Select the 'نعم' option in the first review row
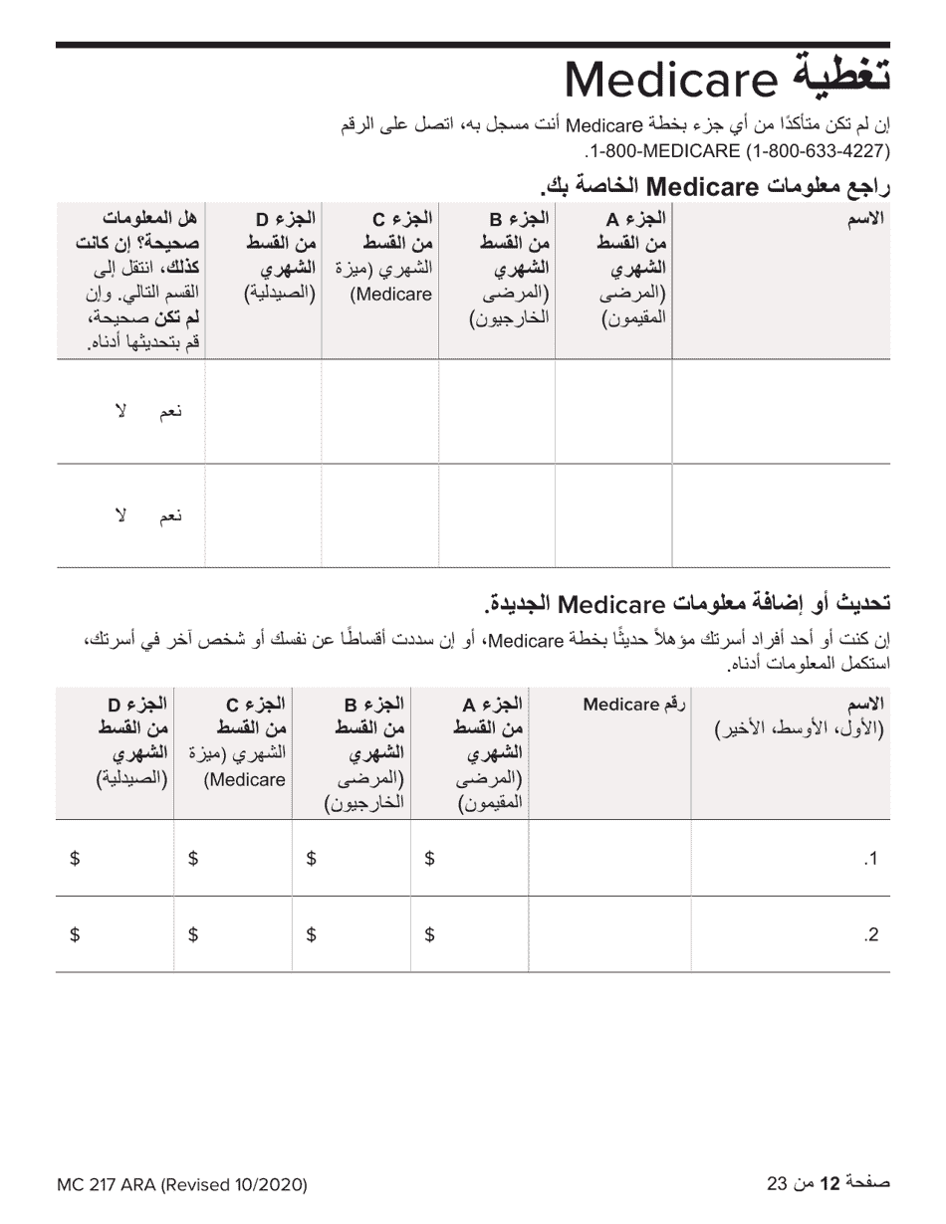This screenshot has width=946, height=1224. (x=171, y=412)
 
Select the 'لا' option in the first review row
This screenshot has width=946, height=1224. (x=121, y=411)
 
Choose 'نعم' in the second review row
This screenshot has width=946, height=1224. (x=171, y=515)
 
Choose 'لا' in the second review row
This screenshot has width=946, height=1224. (x=121, y=514)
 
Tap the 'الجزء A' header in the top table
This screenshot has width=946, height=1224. (x=636, y=218)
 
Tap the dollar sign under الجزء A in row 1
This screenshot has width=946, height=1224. (x=429, y=859)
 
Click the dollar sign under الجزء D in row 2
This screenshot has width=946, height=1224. (x=75, y=934)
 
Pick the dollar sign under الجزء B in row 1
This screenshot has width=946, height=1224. (x=311, y=859)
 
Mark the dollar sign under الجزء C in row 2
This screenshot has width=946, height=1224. (x=193, y=934)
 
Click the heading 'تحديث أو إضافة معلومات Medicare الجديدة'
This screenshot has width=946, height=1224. (x=687, y=603)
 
